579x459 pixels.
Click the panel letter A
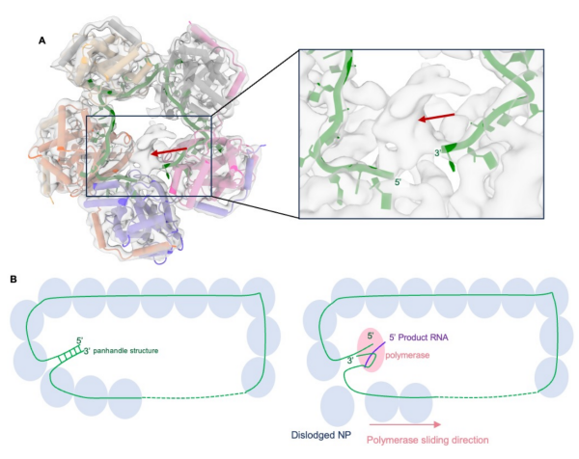pos(41,40)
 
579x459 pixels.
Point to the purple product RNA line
pos(384,348)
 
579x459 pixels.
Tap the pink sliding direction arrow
pos(405,421)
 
